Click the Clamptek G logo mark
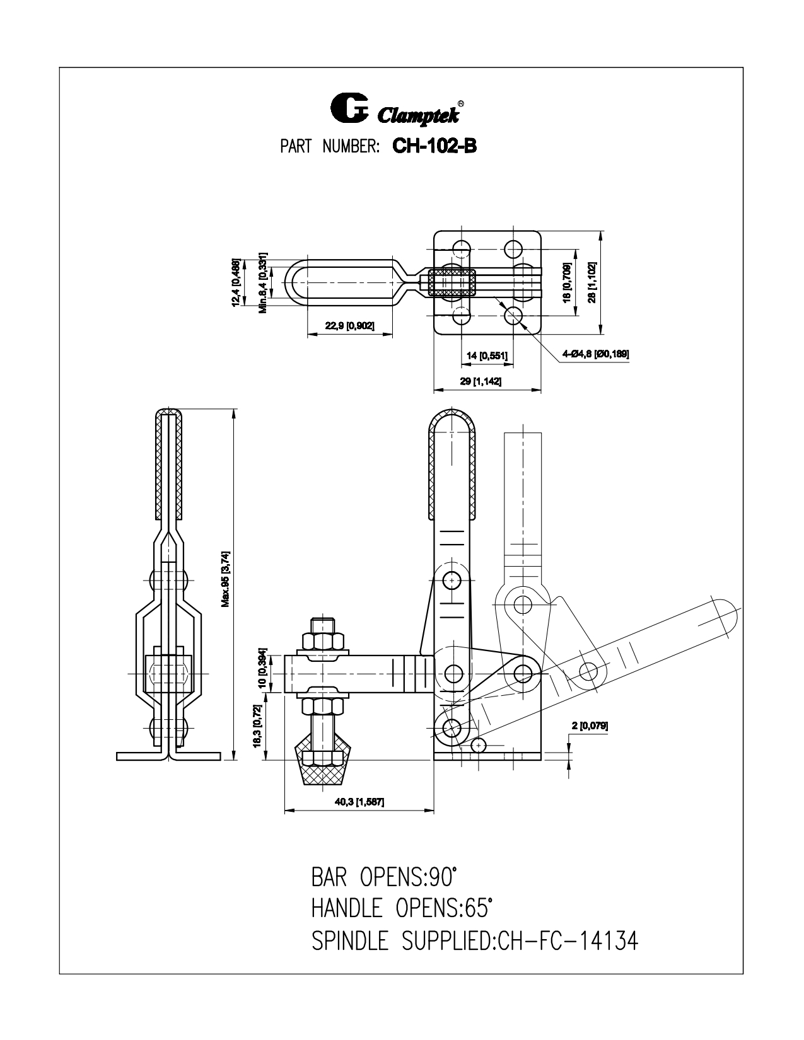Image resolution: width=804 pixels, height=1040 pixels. pyautogui.click(x=349, y=108)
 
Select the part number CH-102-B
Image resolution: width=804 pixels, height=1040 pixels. pyautogui.click(x=434, y=146)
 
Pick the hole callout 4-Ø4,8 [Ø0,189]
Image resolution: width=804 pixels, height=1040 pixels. pyautogui.click(x=596, y=354)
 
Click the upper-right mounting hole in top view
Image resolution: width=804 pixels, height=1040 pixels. pyautogui.click(x=513, y=248)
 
